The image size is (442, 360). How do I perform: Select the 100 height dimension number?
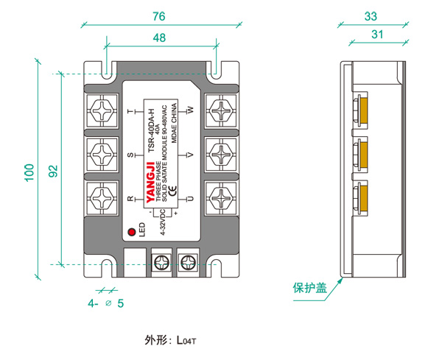(x=29, y=171)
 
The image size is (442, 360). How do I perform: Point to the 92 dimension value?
(x=52, y=171)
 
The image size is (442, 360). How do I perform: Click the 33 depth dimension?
(x=371, y=15)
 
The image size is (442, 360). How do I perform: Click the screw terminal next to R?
(x=102, y=198)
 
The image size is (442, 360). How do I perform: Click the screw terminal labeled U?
(x=220, y=198)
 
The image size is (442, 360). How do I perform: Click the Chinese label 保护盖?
(x=309, y=288)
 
